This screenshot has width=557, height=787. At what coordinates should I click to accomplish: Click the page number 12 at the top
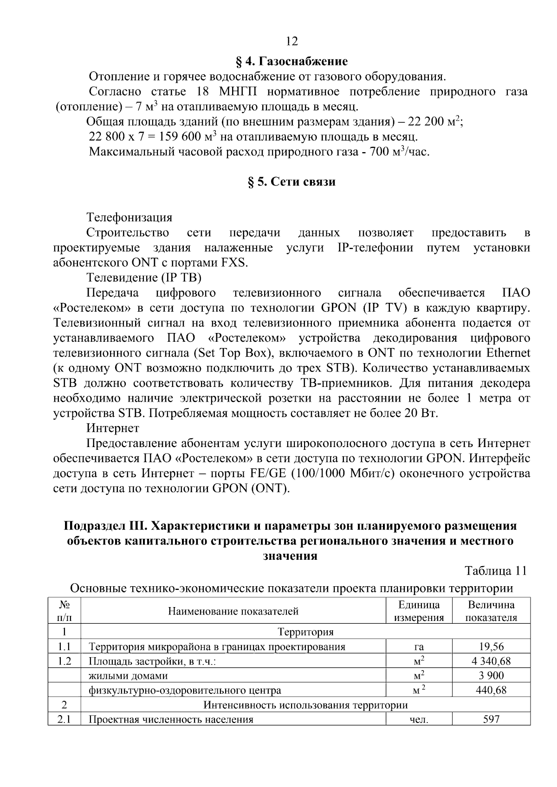click(292, 41)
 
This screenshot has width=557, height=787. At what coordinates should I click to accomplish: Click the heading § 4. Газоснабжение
click(292, 61)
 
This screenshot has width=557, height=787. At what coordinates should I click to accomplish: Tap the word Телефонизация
click(130, 217)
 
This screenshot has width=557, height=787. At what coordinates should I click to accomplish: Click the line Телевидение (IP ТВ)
click(144, 277)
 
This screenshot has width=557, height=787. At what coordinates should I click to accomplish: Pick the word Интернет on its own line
click(113, 428)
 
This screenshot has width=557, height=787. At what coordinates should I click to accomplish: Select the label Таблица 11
click(496, 571)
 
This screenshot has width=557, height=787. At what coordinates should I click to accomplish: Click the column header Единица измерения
click(419, 611)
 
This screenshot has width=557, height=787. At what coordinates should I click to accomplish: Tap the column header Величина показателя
click(491, 611)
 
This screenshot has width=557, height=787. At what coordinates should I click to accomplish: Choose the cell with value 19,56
click(491, 646)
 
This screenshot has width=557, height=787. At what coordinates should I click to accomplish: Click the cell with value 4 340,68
click(491, 661)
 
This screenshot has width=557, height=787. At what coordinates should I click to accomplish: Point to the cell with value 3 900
click(491, 675)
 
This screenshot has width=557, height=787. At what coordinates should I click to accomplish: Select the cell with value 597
click(491, 719)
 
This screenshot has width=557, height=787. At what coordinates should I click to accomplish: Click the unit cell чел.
click(419, 720)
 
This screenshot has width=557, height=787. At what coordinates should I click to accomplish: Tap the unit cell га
click(419, 647)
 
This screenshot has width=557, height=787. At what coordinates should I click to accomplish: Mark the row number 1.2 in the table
click(64, 661)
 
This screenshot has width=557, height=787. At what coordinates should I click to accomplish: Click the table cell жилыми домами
click(128, 676)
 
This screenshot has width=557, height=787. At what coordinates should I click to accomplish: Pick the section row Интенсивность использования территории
click(305, 705)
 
